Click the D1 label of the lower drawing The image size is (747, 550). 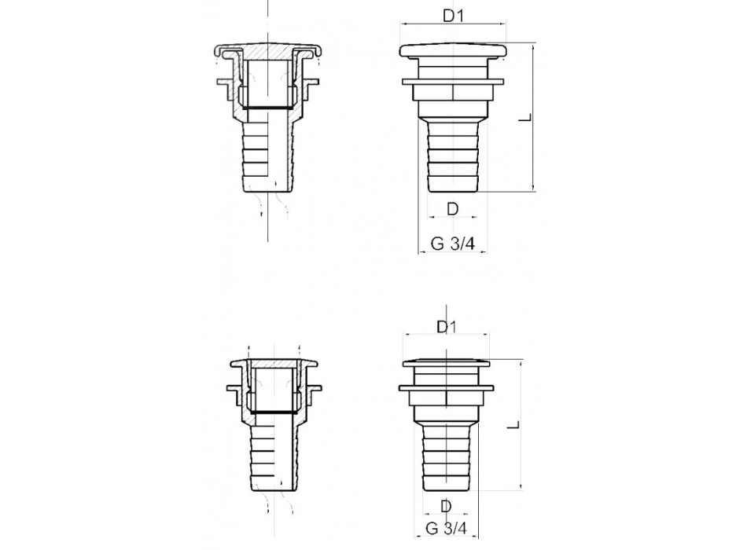tap(446, 326)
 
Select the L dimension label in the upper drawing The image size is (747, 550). tap(524, 119)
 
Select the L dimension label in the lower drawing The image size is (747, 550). tap(512, 426)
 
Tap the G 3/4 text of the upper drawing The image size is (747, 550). tap(452, 244)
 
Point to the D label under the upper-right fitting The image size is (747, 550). tap(452, 209)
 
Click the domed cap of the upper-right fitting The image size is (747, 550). tap(452, 53)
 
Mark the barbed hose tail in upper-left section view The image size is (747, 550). tap(267, 157)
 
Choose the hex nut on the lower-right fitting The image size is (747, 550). tap(446, 408)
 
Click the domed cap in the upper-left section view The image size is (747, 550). tap(267, 46)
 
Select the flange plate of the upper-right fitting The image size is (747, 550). tap(452, 80)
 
